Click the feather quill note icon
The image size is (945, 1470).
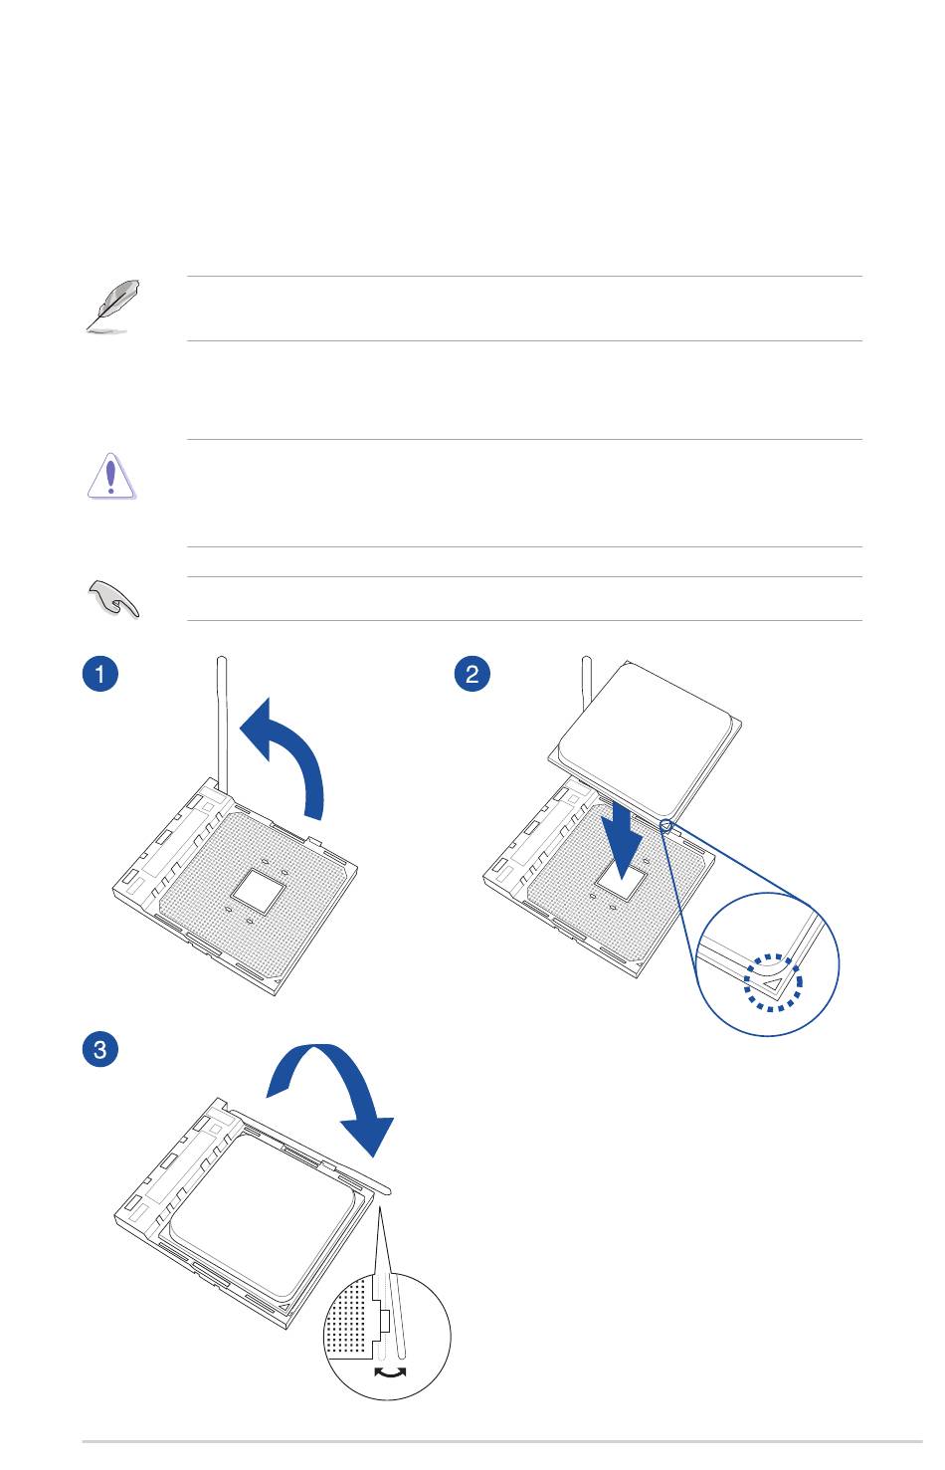(x=112, y=306)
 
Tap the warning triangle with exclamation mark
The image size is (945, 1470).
(x=111, y=476)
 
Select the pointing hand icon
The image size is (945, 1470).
(x=113, y=598)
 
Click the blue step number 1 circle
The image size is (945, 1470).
(x=99, y=674)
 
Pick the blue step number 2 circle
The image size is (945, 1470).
(x=472, y=674)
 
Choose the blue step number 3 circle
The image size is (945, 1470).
(x=99, y=1049)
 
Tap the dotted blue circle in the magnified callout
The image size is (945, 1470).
(x=773, y=982)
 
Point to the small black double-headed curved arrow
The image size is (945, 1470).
(x=390, y=1374)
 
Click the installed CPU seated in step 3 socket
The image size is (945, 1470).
(x=264, y=1219)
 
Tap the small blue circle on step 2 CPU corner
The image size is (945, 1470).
(x=665, y=824)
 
